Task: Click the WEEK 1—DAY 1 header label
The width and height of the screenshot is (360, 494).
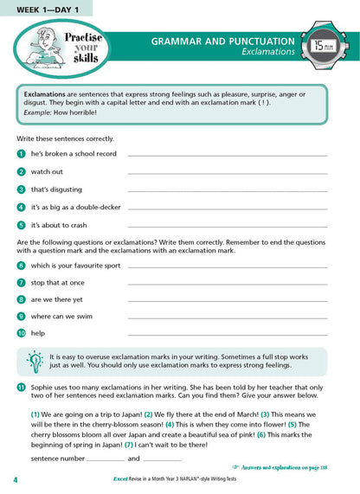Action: click(43, 8)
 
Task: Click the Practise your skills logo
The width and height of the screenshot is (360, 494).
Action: click(53, 48)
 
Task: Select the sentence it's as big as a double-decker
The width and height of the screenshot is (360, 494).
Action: click(77, 207)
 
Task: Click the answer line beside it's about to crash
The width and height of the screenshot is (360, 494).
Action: click(227, 227)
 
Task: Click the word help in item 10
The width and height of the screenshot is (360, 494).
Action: click(38, 333)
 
